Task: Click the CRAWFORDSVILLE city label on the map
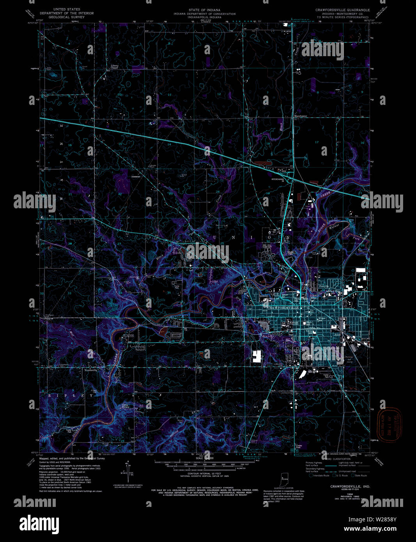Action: pyautogui.click(x=283, y=308)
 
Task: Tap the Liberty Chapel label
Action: pyautogui.click(x=114, y=67)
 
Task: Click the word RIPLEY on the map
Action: pyautogui.click(x=71, y=395)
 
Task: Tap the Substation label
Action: pyautogui.click(x=136, y=177)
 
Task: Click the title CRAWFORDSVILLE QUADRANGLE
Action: pyautogui.click(x=343, y=10)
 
